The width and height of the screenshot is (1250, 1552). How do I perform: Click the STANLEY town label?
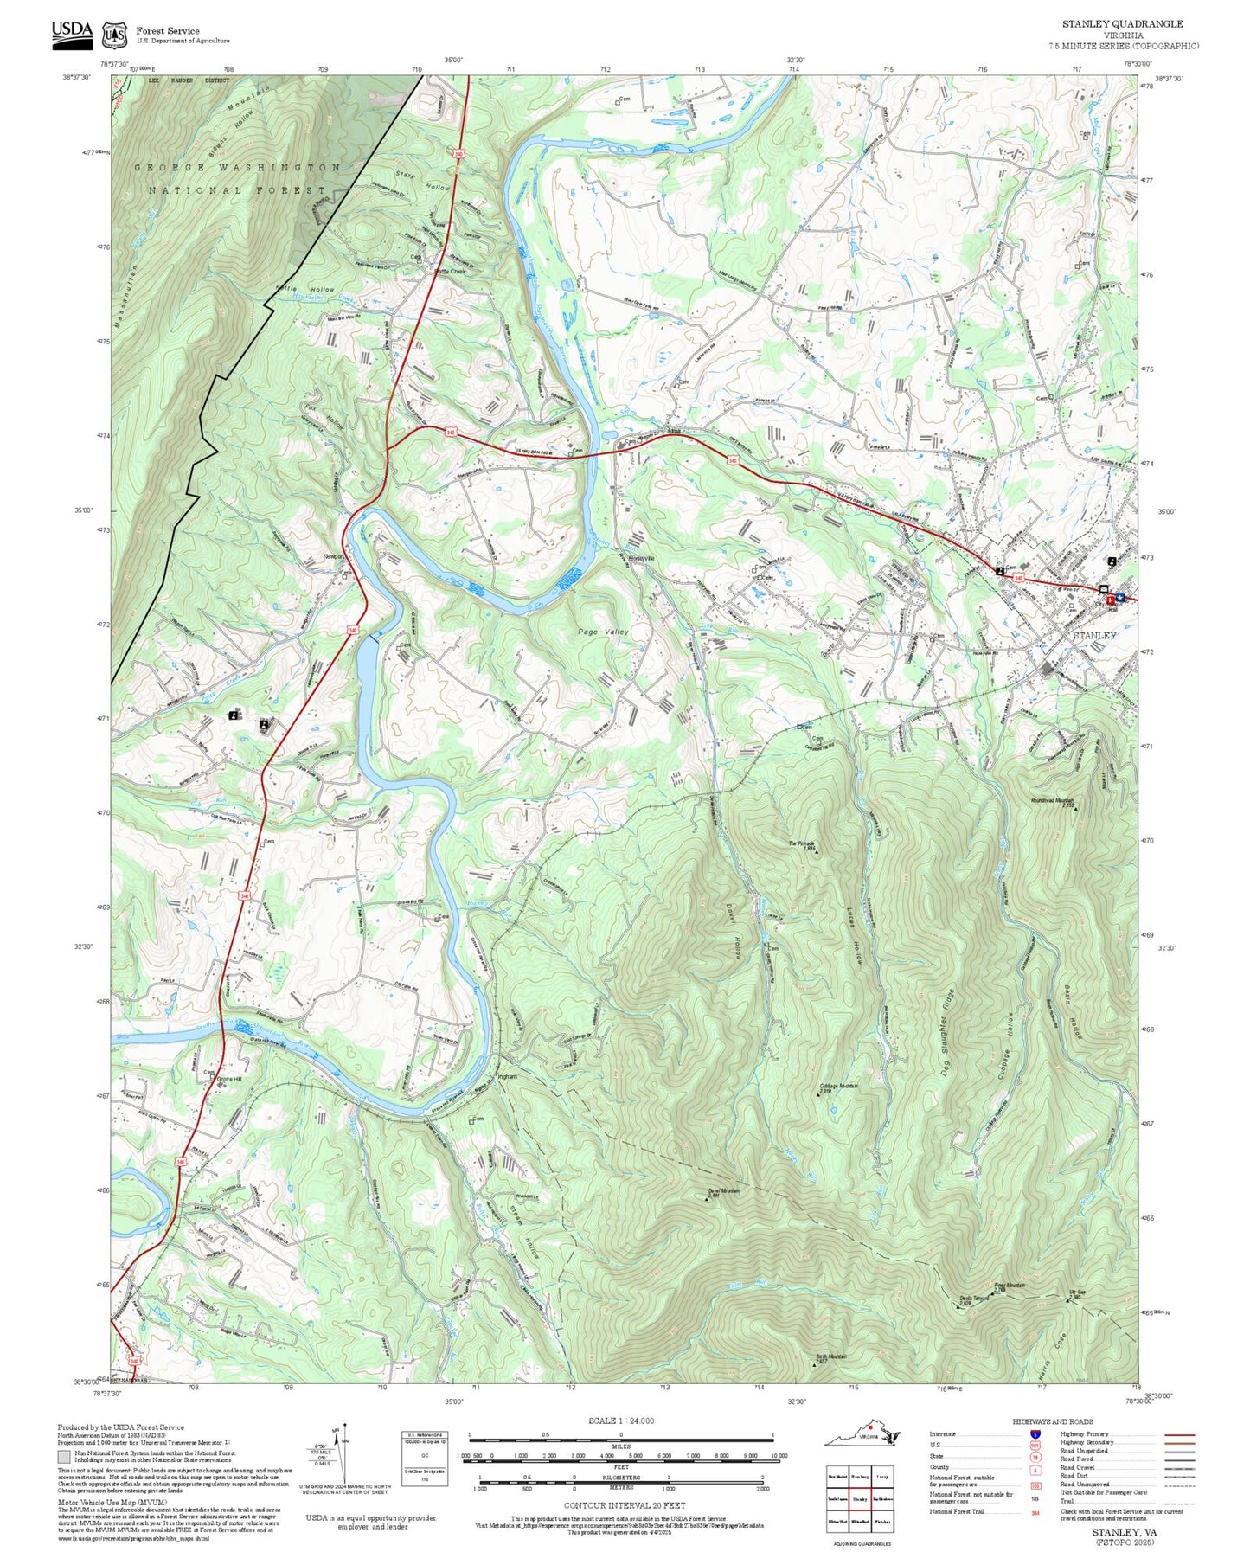[x=1094, y=635]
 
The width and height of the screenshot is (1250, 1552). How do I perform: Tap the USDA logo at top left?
[x=72, y=32]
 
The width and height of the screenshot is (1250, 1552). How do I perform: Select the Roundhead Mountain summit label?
[x=1051, y=800]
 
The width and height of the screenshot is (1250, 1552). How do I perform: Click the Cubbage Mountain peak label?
[x=838, y=1086]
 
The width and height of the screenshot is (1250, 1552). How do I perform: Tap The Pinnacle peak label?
[x=801, y=843]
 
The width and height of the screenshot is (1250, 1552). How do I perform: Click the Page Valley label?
[x=603, y=632]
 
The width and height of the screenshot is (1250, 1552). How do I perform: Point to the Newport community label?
[x=334, y=556]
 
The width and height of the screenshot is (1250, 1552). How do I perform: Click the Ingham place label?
[x=507, y=1077]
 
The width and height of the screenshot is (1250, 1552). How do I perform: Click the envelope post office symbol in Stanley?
[x=1104, y=589]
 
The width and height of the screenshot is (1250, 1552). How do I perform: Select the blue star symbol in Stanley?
[x=1121, y=596]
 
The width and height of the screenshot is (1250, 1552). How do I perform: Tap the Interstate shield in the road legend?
[x=1035, y=1434]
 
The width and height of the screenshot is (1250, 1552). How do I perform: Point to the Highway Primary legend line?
[x=1179, y=1434]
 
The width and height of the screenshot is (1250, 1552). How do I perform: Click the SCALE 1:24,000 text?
[x=620, y=1421]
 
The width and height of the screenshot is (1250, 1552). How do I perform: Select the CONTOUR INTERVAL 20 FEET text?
[x=620, y=1504]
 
